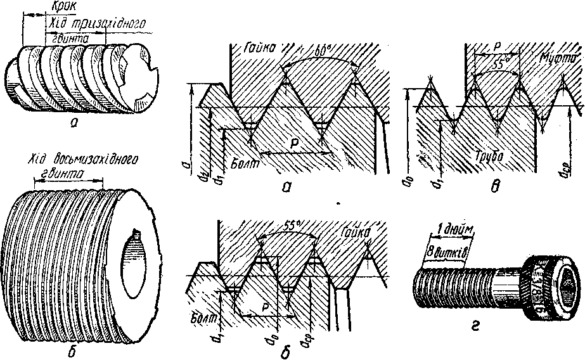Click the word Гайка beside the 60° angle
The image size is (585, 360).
point(258,47)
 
